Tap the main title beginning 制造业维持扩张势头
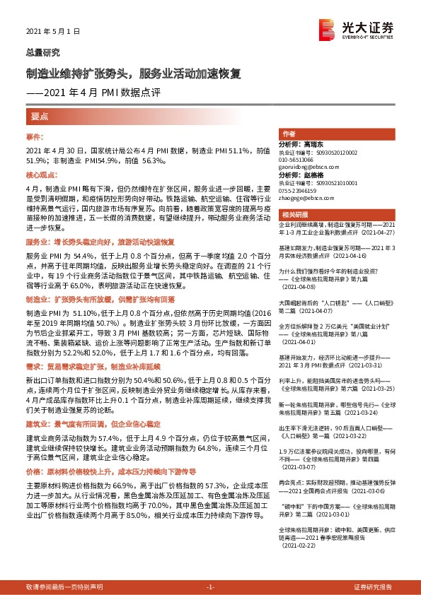pyautogui.click(x=134, y=73)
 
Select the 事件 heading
pyautogui.click(x=35, y=135)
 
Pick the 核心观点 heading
pyautogui.click(x=40, y=174)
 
